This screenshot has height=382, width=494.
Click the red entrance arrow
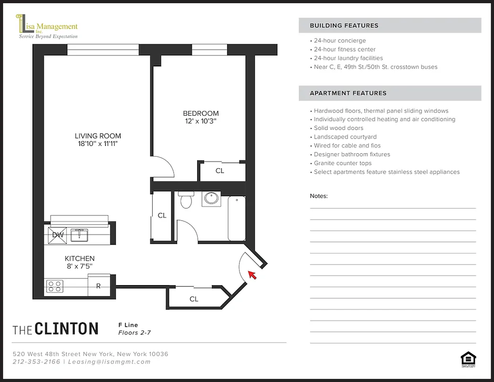(252, 275)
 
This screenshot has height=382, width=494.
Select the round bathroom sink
(211, 199)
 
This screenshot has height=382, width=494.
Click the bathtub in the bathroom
(237, 218)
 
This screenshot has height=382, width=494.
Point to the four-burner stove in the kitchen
(54, 286)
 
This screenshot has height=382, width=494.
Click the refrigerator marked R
(99, 286)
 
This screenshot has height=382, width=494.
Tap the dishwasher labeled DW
(58, 234)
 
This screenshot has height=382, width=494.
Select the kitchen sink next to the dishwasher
(80, 234)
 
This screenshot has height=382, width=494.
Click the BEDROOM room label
(200, 113)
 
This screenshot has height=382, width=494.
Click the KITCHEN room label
(80, 258)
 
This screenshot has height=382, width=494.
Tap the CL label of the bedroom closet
(220, 170)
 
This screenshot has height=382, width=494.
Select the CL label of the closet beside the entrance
(194, 299)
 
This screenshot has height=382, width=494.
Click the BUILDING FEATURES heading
(344, 26)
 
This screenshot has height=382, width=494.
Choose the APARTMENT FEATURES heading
(348, 93)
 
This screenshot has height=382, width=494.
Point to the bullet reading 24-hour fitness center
(345, 49)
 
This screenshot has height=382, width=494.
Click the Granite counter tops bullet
(342, 163)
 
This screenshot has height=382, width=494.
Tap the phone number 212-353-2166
(37, 361)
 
